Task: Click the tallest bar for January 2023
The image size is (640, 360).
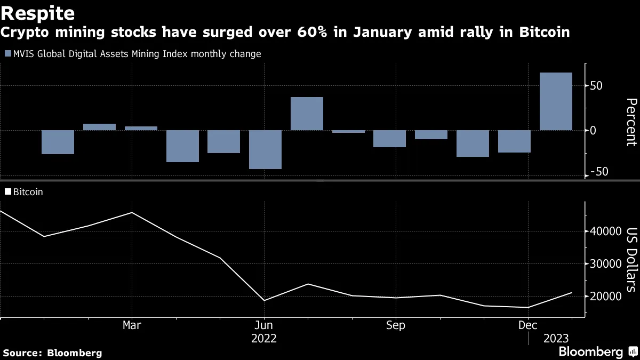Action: (556, 101)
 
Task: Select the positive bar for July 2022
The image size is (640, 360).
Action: (307, 114)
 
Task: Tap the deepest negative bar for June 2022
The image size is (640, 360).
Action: (265, 149)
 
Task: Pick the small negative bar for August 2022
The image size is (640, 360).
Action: (348, 132)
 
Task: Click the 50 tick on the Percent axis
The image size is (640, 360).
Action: (596, 86)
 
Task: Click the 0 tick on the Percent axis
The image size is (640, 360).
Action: (593, 130)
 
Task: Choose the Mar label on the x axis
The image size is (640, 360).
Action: (132, 325)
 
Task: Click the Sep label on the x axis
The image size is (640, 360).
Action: (395, 325)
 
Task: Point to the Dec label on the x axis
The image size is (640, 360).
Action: (527, 325)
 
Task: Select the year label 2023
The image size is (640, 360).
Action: (556, 338)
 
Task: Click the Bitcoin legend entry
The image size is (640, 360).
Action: (28, 192)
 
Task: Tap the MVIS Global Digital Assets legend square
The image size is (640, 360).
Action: (7, 54)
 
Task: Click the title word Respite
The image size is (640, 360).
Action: (37, 13)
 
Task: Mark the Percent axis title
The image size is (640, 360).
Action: (630, 122)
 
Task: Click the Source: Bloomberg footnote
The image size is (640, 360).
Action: (52, 353)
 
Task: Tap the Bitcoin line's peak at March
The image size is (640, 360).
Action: (132, 212)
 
